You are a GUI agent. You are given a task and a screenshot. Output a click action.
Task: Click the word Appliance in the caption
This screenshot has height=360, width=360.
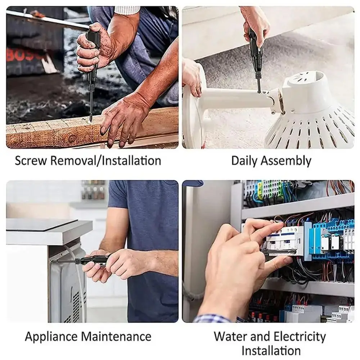[x=51, y=337]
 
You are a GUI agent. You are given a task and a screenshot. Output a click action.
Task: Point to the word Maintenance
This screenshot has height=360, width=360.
[x=116, y=337]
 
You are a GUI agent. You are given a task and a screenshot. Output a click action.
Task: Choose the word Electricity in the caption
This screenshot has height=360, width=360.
[x=299, y=337]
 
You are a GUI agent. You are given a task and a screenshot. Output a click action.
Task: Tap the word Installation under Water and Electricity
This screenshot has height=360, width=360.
[x=271, y=350]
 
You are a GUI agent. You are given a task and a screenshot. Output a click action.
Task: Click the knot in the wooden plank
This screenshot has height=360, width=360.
[x=72, y=138]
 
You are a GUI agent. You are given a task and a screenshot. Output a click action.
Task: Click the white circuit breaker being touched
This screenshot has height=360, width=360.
[x=288, y=238]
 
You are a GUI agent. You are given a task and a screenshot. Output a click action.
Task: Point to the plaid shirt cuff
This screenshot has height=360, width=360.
[x=212, y=319]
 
